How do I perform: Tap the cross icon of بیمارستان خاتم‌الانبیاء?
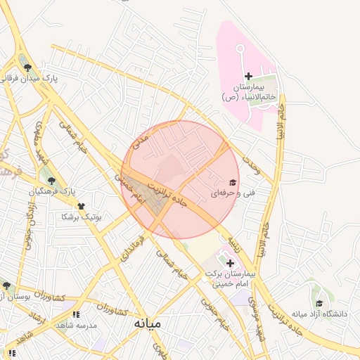point(247,76)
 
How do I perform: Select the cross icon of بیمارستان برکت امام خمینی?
point(230,262)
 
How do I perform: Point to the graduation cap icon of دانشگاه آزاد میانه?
point(319,304)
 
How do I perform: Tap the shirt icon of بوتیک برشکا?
point(81,206)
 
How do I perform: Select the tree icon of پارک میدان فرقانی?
point(27,68)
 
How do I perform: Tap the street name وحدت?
point(251,166)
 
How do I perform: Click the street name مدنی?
point(141,142)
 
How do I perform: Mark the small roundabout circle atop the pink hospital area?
point(239,49)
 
